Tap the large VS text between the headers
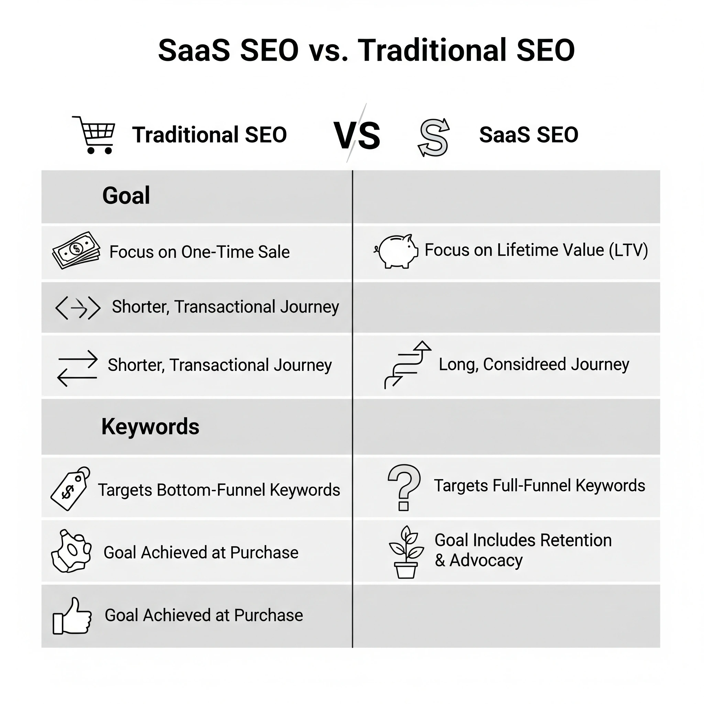tap(357, 135)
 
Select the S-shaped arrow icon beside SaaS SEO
tap(433, 137)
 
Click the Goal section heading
tap(126, 196)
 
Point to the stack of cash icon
tap(76, 250)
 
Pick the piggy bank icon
tap(396, 251)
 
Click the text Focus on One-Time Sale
tap(199, 252)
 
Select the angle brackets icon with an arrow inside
tap(78, 308)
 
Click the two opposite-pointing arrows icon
tap(78, 368)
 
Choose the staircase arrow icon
tap(407, 364)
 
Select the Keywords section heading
tap(150, 427)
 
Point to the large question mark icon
tap(404, 487)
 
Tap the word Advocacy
tap(486, 560)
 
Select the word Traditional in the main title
tap(432, 50)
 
